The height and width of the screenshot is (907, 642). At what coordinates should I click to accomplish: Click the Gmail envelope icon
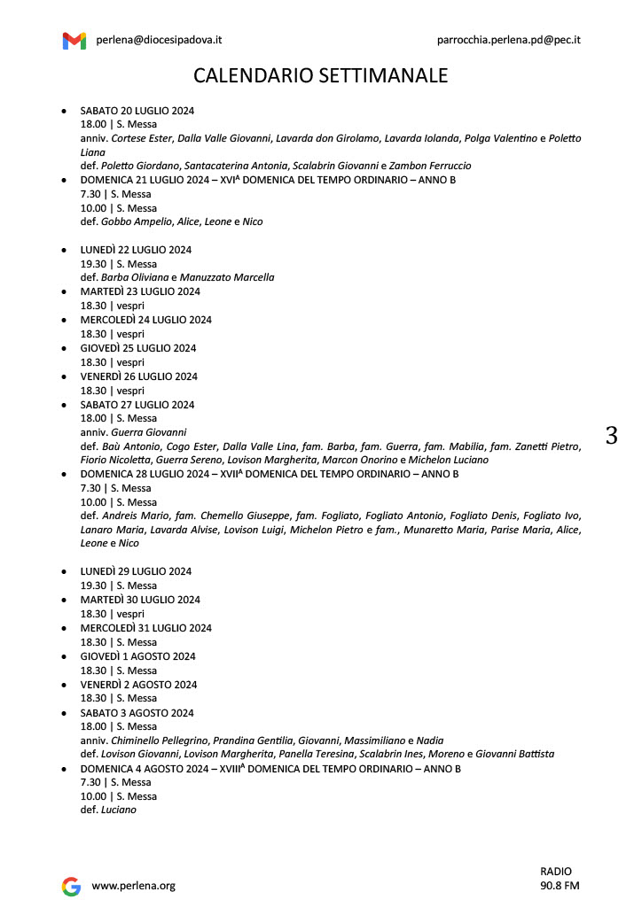[74, 41]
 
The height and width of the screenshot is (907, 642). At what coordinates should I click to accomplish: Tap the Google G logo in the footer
[71, 886]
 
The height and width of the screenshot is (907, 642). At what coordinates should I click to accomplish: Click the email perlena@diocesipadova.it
[159, 40]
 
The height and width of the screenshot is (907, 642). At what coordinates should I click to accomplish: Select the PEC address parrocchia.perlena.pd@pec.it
[508, 40]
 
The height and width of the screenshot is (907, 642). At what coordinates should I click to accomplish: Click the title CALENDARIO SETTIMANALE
[320, 76]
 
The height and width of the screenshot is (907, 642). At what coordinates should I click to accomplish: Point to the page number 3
[611, 436]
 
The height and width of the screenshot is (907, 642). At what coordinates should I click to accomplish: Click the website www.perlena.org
[134, 886]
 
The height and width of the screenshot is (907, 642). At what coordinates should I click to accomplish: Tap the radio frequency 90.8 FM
[560, 886]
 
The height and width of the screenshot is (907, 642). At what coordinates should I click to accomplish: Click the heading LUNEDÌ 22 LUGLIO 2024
[136, 250]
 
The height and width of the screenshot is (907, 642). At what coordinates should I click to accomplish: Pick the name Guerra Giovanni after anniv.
[148, 432]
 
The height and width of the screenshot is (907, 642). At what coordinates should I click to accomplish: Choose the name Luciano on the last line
[119, 810]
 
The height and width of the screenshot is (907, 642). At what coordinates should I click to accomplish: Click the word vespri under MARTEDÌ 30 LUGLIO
[129, 614]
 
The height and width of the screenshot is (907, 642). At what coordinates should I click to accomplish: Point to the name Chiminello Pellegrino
[159, 740]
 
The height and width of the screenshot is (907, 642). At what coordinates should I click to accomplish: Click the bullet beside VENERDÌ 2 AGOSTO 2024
[64, 685]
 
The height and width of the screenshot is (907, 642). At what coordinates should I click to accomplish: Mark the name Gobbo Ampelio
[133, 221]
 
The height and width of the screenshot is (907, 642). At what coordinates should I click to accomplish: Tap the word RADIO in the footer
[556, 872]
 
